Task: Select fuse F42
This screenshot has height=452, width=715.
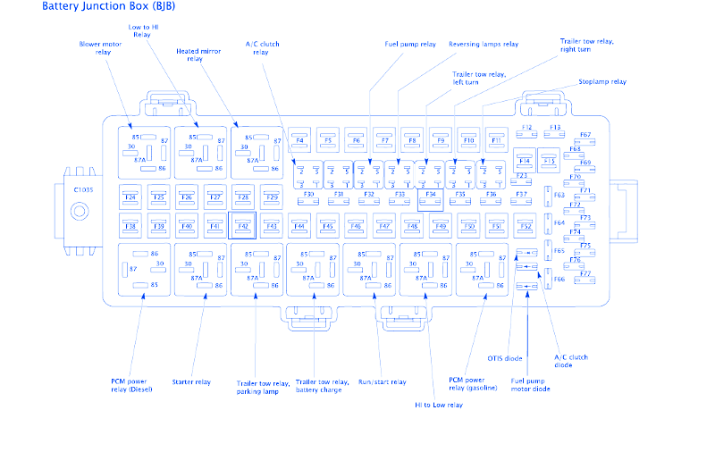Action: [242, 226]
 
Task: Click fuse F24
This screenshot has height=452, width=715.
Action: [130, 196]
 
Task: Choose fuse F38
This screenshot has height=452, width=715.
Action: [130, 226]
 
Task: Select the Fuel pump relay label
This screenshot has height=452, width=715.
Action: [410, 43]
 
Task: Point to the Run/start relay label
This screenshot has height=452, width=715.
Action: [383, 381]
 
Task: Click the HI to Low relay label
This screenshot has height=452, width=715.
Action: [438, 405]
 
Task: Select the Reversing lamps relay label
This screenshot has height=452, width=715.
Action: [483, 43]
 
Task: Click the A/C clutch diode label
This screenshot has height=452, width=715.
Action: [570, 360]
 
